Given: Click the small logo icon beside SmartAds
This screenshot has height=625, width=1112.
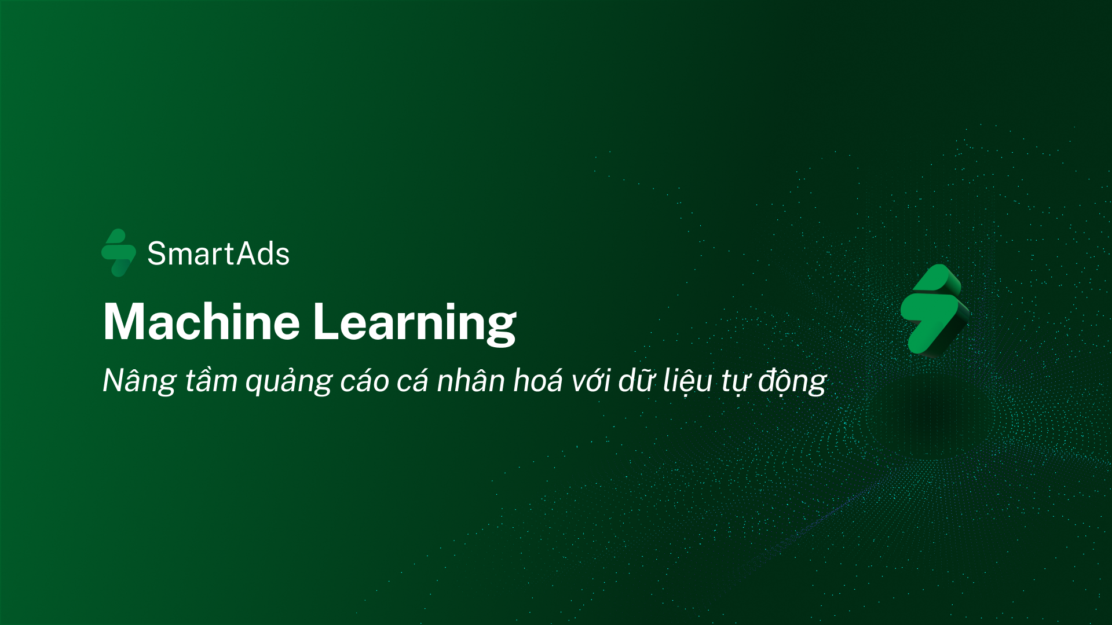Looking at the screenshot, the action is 119,253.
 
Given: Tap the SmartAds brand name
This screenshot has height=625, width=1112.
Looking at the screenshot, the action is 218,253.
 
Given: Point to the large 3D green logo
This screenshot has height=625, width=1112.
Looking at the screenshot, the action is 935,310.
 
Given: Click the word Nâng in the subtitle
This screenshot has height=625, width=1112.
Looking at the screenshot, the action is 140,381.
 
